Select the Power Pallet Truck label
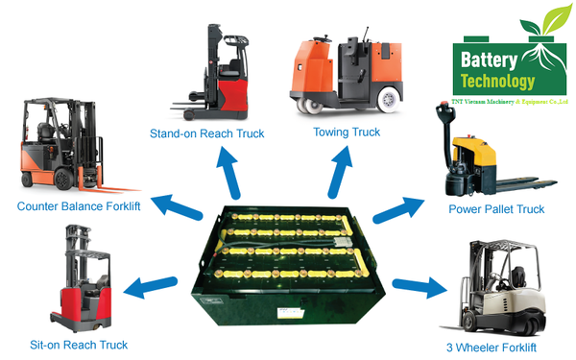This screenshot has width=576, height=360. click(496, 208)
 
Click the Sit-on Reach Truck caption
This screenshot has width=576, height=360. click(79, 344)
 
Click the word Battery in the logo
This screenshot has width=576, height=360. click(490, 58)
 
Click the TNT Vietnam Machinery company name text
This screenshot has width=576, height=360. click(510, 100)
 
